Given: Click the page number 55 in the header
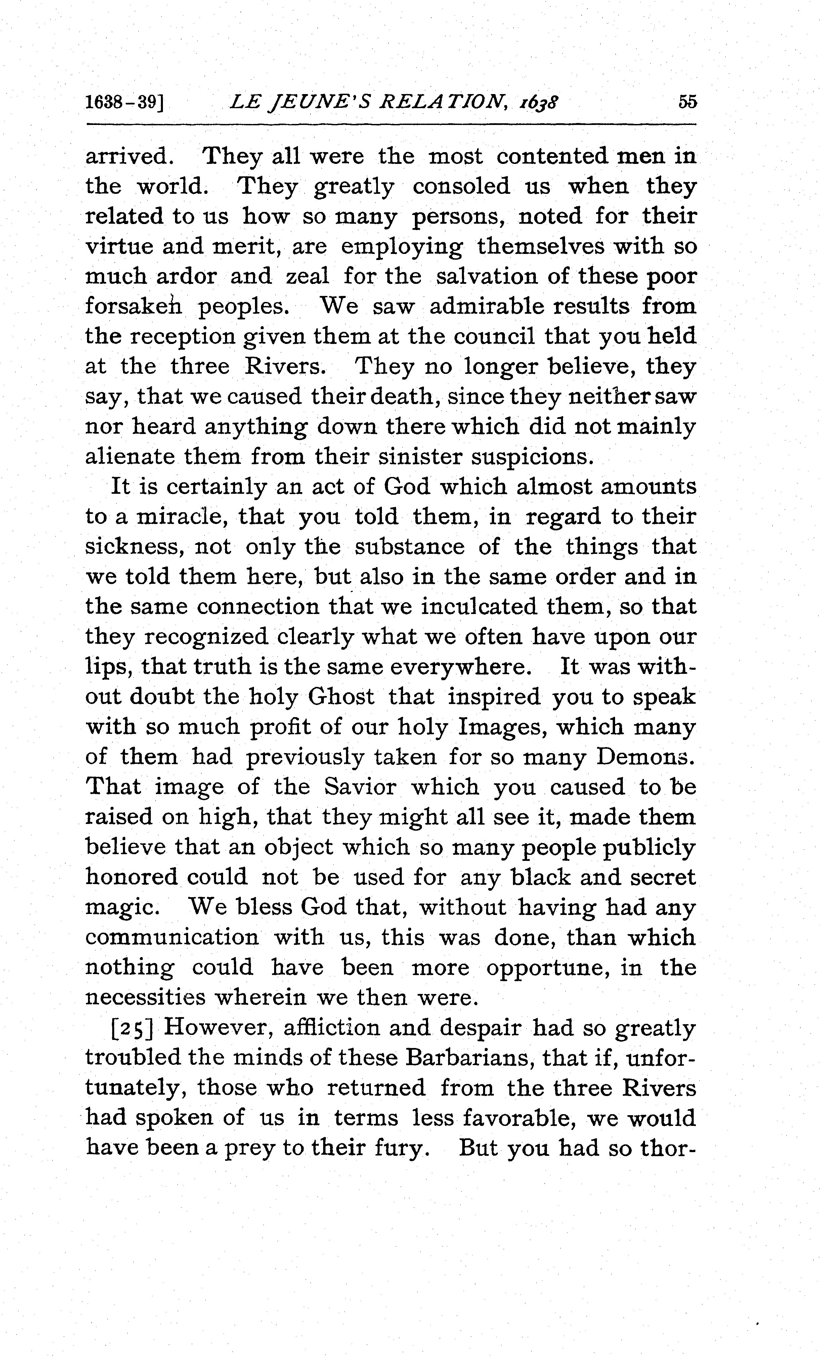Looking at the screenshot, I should [687, 102].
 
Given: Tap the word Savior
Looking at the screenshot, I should [359, 787].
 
